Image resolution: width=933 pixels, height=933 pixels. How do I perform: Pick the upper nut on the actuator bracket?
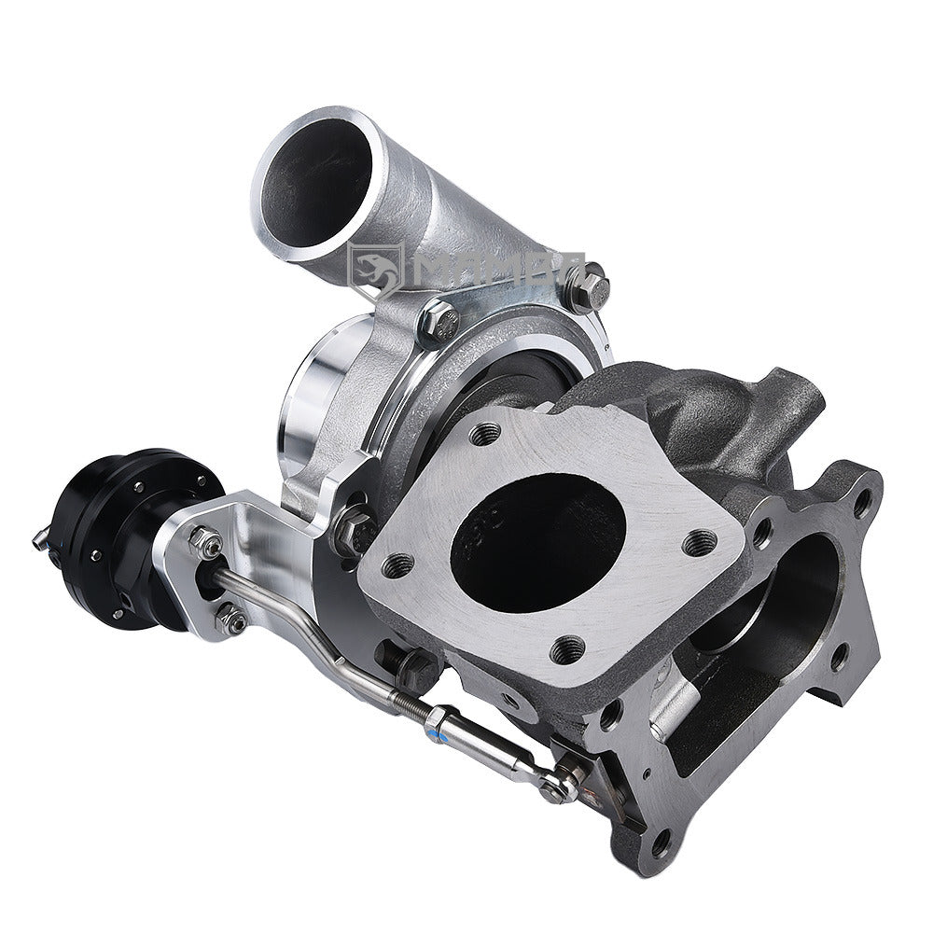click(208, 542)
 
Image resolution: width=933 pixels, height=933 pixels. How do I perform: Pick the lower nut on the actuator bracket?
click(228, 618)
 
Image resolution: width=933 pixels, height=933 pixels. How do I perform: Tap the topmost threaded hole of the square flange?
click(484, 433)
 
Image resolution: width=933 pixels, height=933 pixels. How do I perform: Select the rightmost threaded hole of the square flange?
click(699, 542)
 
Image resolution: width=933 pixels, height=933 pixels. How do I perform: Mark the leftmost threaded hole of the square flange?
click(399, 564)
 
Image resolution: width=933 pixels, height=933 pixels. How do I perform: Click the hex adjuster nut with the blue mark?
click(437, 719)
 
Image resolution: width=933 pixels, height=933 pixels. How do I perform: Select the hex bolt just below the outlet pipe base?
click(438, 323)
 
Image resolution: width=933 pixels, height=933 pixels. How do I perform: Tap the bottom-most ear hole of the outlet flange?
click(661, 848)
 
